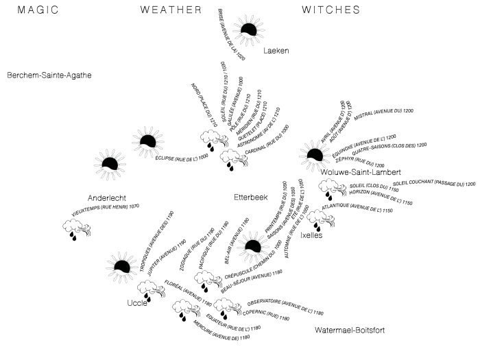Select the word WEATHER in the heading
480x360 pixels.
click(171, 10)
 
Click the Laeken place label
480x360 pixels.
click(276, 50)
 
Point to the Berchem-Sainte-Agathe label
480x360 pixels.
click(49, 75)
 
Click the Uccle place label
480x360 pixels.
click(137, 303)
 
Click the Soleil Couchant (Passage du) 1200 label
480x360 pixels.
click(433, 184)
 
